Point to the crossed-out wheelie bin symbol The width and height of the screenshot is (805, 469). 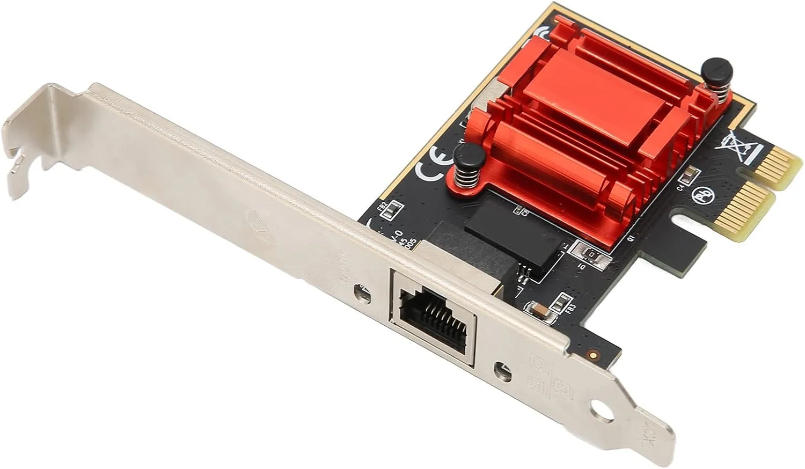(742, 146)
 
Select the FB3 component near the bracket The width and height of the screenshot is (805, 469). (564, 303)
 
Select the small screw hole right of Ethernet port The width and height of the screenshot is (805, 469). (502, 370)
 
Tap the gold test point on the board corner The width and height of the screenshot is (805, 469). (593, 354)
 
